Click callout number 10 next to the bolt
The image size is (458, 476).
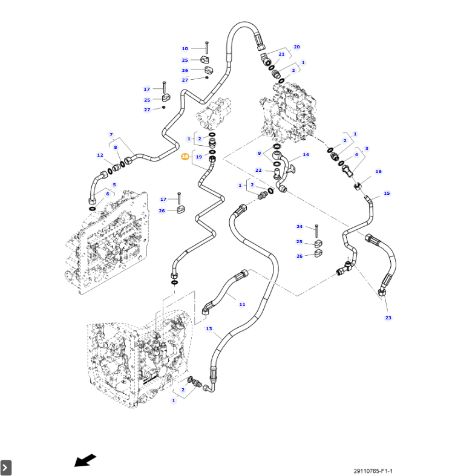[185, 48]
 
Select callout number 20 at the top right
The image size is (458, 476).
[296, 47]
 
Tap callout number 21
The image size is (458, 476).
[281, 54]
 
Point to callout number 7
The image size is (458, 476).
[111, 134]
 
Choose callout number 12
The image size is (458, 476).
[100, 155]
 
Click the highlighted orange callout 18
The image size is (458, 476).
[185, 157]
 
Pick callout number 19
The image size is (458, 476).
[198, 157]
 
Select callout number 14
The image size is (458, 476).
[306, 155]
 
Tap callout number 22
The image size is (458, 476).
[258, 171]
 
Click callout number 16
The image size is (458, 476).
[379, 172]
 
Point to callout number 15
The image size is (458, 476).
[387, 194]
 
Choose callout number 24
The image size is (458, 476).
[299, 227]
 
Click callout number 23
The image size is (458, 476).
[388, 318]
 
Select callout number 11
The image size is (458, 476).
[242, 304]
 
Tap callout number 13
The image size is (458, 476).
[209, 329]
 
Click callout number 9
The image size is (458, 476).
[259, 154]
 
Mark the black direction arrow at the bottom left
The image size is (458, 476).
[85, 461]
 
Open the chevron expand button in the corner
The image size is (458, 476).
[6, 468]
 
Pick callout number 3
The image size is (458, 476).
[366, 148]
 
